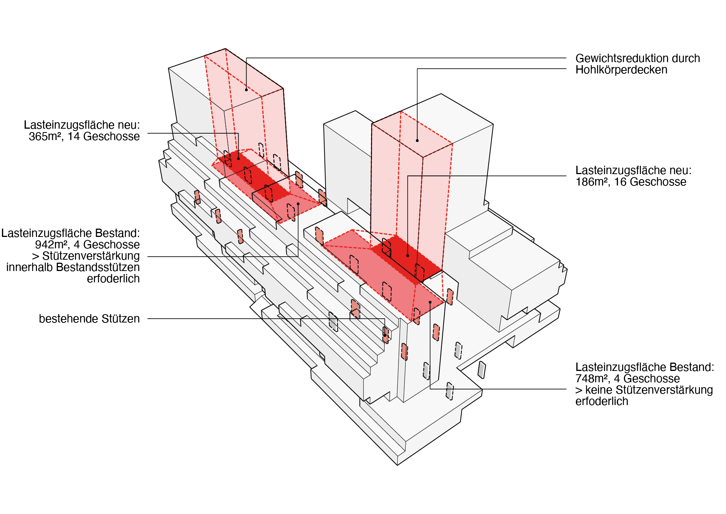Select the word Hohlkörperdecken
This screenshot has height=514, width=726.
[x=621, y=70]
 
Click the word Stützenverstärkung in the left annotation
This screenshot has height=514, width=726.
[x=91, y=256]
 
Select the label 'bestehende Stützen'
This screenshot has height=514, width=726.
[x=89, y=319]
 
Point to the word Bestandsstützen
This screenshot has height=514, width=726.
[x=98, y=267]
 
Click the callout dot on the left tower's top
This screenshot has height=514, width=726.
[x=246, y=90]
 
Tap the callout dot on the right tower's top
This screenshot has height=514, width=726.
[x=417, y=140]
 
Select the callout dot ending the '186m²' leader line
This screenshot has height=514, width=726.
[x=408, y=255]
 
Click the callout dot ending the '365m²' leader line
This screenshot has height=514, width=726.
[x=238, y=158]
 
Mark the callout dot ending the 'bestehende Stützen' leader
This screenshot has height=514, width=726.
[x=385, y=335]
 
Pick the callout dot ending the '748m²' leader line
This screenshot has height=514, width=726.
[x=430, y=302]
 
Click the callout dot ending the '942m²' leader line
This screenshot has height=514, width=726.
[x=298, y=204]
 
